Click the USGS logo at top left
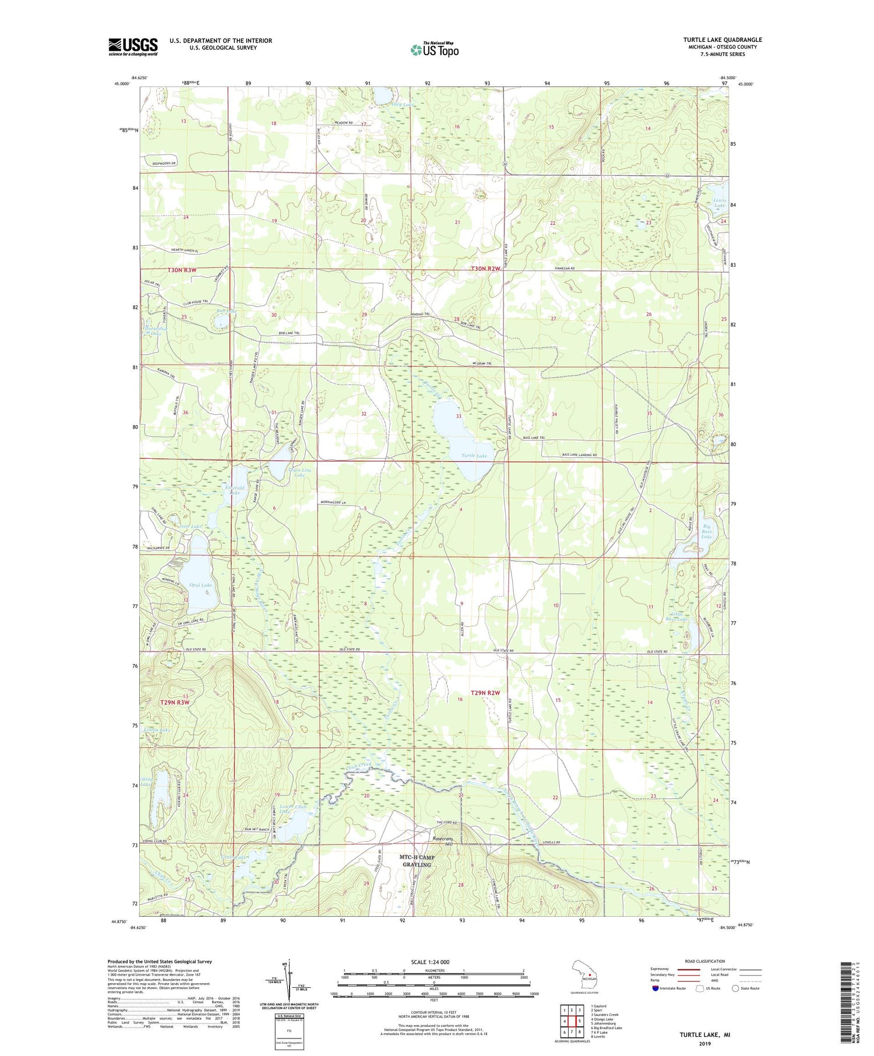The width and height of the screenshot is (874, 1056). pos(133,47)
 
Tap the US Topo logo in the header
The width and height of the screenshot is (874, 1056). pos(434,50)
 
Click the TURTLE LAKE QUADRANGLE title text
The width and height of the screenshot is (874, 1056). pos(722,40)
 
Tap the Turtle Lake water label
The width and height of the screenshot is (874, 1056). pos(474,455)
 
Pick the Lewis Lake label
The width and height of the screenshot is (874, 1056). pos(720,203)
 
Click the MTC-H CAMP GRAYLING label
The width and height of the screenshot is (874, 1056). pos(415,861)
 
